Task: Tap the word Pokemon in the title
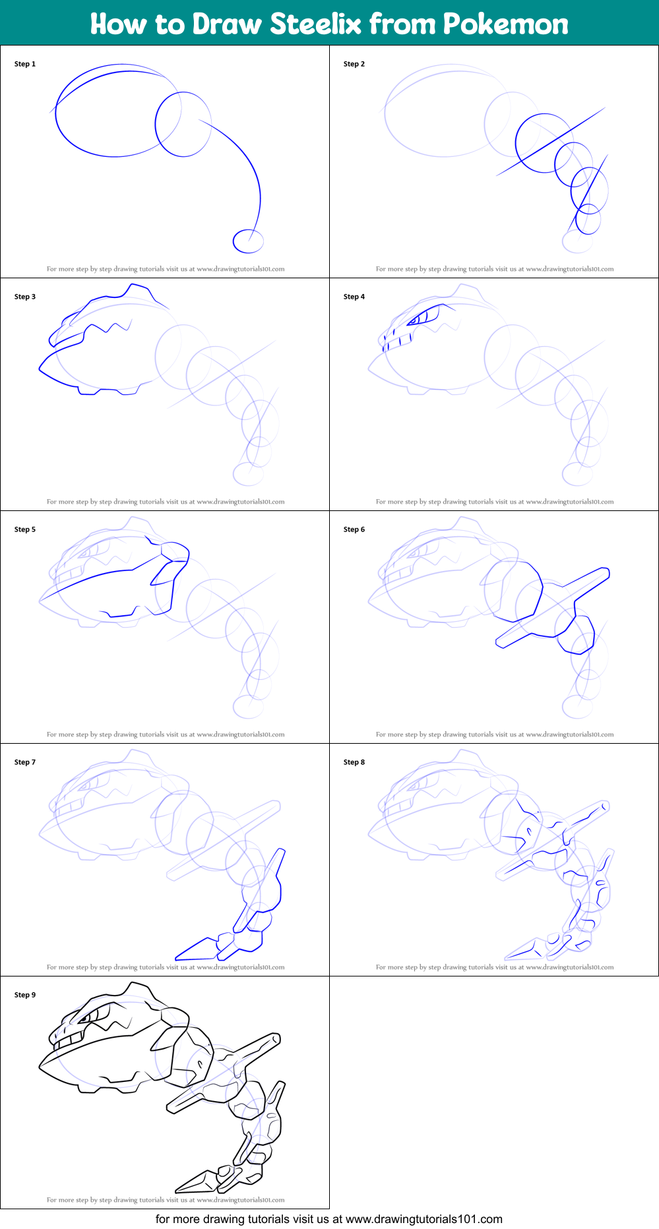[x=506, y=24]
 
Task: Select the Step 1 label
[x=25, y=64]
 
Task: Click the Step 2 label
[x=354, y=64]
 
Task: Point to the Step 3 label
[x=25, y=297]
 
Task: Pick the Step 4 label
[x=354, y=297]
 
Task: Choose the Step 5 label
[x=25, y=529]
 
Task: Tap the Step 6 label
[x=354, y=529]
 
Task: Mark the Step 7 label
[x=25, y=762]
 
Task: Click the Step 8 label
[x=354, y=762]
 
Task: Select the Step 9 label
[x=25, y=995]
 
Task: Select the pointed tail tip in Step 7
[x=176, y=958]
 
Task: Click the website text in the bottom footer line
[x=424, y=1219]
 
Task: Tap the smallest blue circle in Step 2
[x=588, y=219]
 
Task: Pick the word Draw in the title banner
[x=229, y=24]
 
